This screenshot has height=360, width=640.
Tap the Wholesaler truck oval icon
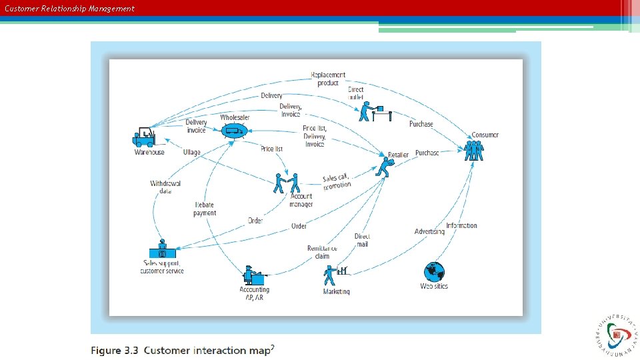(x=234, y=131)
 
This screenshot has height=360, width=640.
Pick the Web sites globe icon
(x=434, y=271)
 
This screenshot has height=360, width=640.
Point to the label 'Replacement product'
(x=327, y=79)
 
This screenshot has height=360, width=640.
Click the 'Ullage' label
(x=192, y=153)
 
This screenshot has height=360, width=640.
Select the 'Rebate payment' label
(x=205, y=209)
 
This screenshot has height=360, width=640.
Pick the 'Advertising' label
(x=429, y=231)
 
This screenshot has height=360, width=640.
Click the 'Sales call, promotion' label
(x=336, y=181)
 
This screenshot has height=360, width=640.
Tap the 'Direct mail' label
(x=362, y=240)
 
